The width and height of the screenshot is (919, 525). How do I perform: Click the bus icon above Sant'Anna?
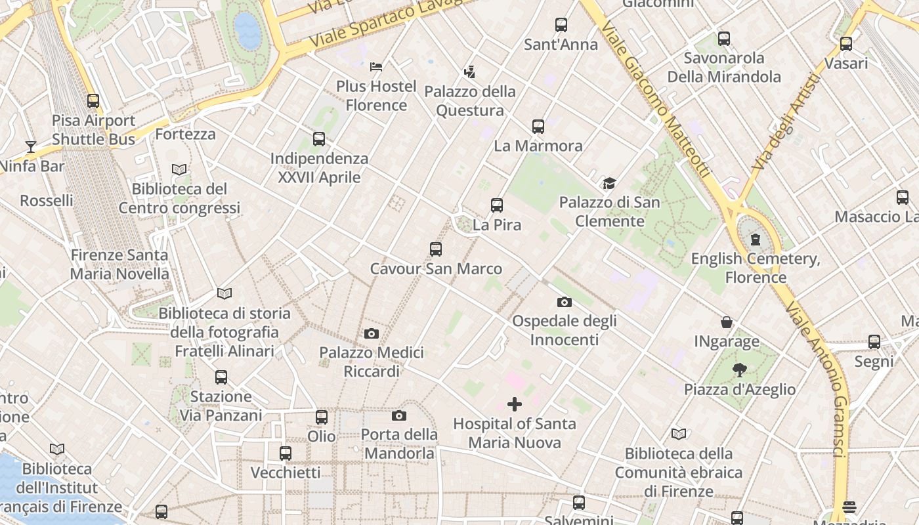pyautogui.click(x=561, y=25)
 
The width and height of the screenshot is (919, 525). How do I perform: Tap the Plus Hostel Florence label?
pyautogui.click(x=376, y=96)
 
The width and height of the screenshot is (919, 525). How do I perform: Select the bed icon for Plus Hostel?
pyautogui.click(x=376, y=66)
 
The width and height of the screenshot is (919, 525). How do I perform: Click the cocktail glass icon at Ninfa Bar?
pyautogui.click(x=30, y=146)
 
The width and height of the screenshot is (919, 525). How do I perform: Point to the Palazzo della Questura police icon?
pyautogui.click(x=469, y=72)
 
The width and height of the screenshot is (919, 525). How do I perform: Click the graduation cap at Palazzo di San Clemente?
pyautogui.click(x=609, y=183)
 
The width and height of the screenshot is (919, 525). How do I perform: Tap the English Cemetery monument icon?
pyautogui.click(x=756, y=239)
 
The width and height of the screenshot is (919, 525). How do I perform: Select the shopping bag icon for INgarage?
pyautogui.click(x=727, y=322)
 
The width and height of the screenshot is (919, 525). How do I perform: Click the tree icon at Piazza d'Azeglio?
pyautogui.click(x=740, y=370)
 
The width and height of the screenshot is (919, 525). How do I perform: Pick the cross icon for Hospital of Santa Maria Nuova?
pyautogui.click(x=515, y=404)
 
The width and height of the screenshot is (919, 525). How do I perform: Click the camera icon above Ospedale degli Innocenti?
pyautogui.click(x=564, y=302)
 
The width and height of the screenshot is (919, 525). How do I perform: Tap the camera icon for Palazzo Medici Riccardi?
pyautogui.click(x=372, y=333)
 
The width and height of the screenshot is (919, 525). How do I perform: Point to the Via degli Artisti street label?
pyautogui.click(x=786, y=123)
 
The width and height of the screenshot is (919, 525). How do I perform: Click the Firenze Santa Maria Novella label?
pyautogui.click(x=119, y=264)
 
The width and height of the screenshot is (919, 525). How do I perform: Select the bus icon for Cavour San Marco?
pyautogui.click(x=436, y=249)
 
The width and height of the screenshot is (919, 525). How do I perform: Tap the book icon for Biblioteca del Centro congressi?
pyautogui.click(x=179, y=169)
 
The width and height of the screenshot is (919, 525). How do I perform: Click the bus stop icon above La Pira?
pyautogui.click(x=497, y=205)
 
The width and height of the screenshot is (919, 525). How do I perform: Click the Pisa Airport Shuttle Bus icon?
pyautogui.click(x=93, y=101)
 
